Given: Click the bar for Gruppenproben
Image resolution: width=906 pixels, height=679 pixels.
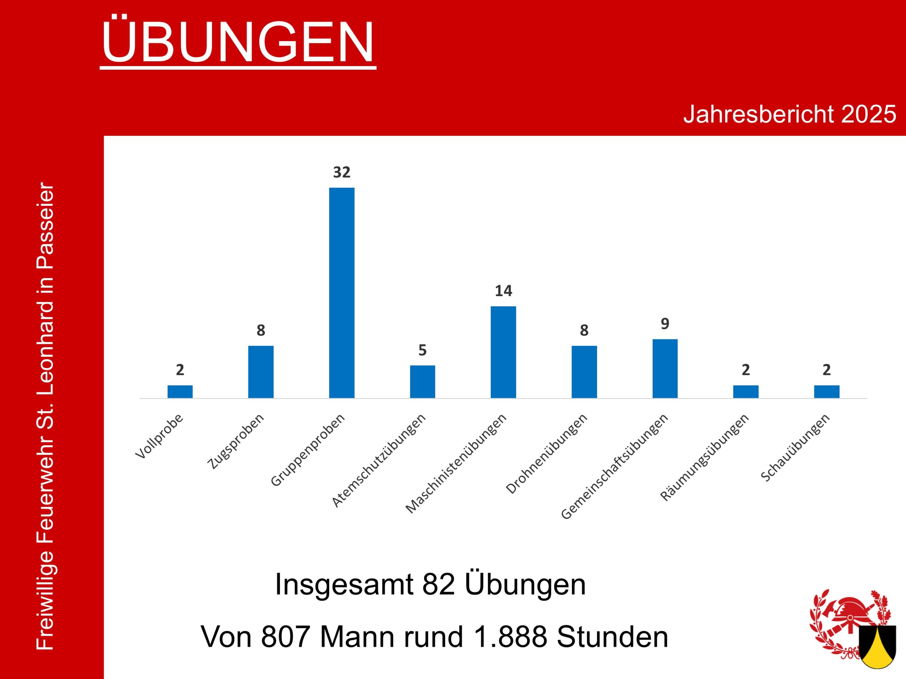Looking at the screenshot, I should pyautogui.click(x=342, y=292).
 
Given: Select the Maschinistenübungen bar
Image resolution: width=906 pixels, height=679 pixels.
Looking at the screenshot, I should pyautogui.click(x=503, y=352).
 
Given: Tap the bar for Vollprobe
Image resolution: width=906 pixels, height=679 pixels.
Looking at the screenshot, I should pyautogui.click(x=180, y=392).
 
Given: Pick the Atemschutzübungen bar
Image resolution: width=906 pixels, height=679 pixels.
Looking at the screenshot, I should pyautogui.click(x=422, y=382).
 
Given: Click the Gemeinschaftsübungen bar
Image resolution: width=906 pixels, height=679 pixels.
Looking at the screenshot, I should pyautogui.click(x=665, y=368).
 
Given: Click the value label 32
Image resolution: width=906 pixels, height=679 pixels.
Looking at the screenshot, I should pyautogui.click(x=342, y=172).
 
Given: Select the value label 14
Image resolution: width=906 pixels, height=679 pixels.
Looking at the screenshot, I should pyautogui.click(x=503, y=291).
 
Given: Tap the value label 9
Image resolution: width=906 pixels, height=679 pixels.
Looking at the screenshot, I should pyautogui.click(x=665, y=324).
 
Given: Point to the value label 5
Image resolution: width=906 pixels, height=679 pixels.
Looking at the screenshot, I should pyautogui.click(x=422, y=350).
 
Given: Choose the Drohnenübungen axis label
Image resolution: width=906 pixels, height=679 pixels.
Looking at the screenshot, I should pyautogui.click(x=547, y=453).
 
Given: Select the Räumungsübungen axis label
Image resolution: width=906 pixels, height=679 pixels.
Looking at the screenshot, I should pyautogui.click(x=705, y=457).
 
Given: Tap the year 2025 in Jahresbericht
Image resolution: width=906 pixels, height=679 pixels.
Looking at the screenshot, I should pyautogui.click(x=868, y=114).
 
